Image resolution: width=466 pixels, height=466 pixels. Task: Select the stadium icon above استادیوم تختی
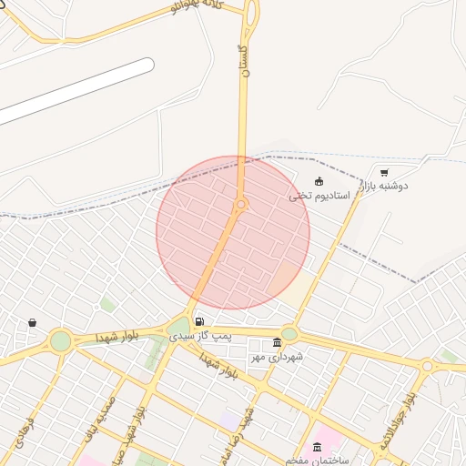[318, 181]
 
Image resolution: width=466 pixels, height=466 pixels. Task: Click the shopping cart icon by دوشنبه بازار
[384, 171]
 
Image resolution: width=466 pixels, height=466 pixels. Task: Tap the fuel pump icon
[198, 321]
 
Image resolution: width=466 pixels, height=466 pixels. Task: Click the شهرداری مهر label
[277, 357]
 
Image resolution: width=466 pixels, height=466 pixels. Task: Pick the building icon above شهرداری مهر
[277, 343]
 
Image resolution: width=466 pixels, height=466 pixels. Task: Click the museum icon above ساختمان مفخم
[317, 446]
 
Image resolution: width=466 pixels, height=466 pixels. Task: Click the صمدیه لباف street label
[98, 418]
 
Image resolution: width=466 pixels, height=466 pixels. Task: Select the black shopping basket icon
[33, 322]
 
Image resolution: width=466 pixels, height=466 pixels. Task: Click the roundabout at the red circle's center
[241, 206]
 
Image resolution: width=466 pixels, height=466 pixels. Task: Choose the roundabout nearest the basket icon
[60, 341]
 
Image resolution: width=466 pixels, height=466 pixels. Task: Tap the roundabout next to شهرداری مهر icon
[289, 333]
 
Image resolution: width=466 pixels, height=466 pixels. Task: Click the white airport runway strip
[77, 91]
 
